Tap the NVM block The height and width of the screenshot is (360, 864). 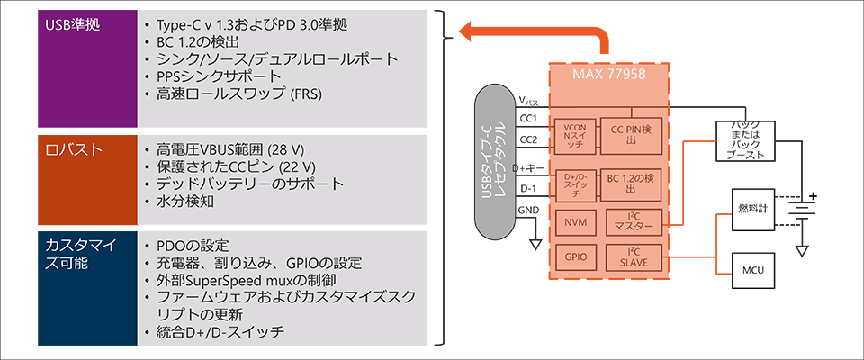pos(572,220)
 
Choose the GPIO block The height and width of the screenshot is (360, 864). pos(572,256)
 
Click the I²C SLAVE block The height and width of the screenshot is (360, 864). pos(634,256)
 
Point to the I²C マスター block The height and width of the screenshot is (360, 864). pos(634,220)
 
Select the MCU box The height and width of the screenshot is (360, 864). pos(752,268)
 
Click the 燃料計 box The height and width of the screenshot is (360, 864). pos(752,208)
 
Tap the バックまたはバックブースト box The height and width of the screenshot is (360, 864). pos(745,140)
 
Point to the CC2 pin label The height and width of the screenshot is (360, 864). pos(528,139)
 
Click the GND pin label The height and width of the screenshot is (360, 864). pos(528,211)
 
